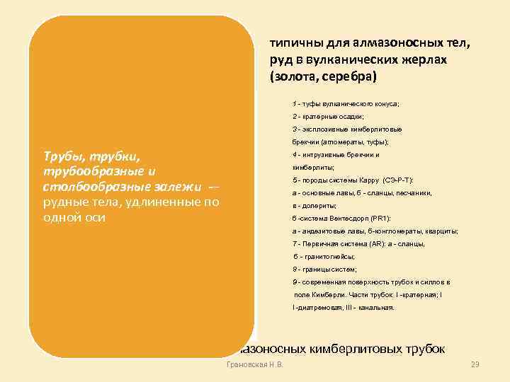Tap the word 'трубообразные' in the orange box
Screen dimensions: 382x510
coord(84,170)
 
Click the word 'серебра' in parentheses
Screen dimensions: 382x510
coord(353,76)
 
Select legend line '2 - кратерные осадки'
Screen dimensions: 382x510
coord(327,116)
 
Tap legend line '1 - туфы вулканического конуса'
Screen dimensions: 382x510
coord(345,103)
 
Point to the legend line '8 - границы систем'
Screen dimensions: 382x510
coord(324,269)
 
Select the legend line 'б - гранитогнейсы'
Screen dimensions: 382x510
coord(324,256)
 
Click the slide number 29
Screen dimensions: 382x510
coord(475,365)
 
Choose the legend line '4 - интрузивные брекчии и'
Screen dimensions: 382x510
coord(336,154)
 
